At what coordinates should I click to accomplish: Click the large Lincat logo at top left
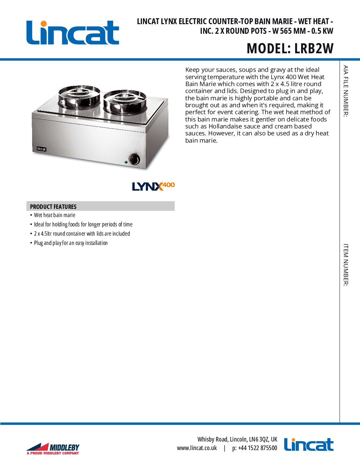tap(73, 33)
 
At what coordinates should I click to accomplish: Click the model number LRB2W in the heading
tap(314, 49)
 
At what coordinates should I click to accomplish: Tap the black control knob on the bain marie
tap(134, 159)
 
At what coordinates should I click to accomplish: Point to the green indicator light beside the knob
tap(126, 162)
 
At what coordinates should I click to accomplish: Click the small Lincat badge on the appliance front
tap(41, 149)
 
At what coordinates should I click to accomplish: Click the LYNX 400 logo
tap(153, 186)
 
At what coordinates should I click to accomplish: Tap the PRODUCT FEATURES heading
tap(53, 207)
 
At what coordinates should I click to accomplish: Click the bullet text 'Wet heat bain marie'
tap(55, 215)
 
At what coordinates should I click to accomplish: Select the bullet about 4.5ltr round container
tap(82, 234)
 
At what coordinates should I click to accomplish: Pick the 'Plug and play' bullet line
tap(71, 243)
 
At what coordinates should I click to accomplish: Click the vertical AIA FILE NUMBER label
tap(345, 91)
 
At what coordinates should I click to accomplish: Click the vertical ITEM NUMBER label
tap(345, 265)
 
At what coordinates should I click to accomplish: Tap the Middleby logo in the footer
tap(53, 449)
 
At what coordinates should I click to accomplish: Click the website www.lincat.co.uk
tap(197, 448)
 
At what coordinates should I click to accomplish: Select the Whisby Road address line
tap(237, 439)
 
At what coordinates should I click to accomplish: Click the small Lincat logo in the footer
tap(308, 445)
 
